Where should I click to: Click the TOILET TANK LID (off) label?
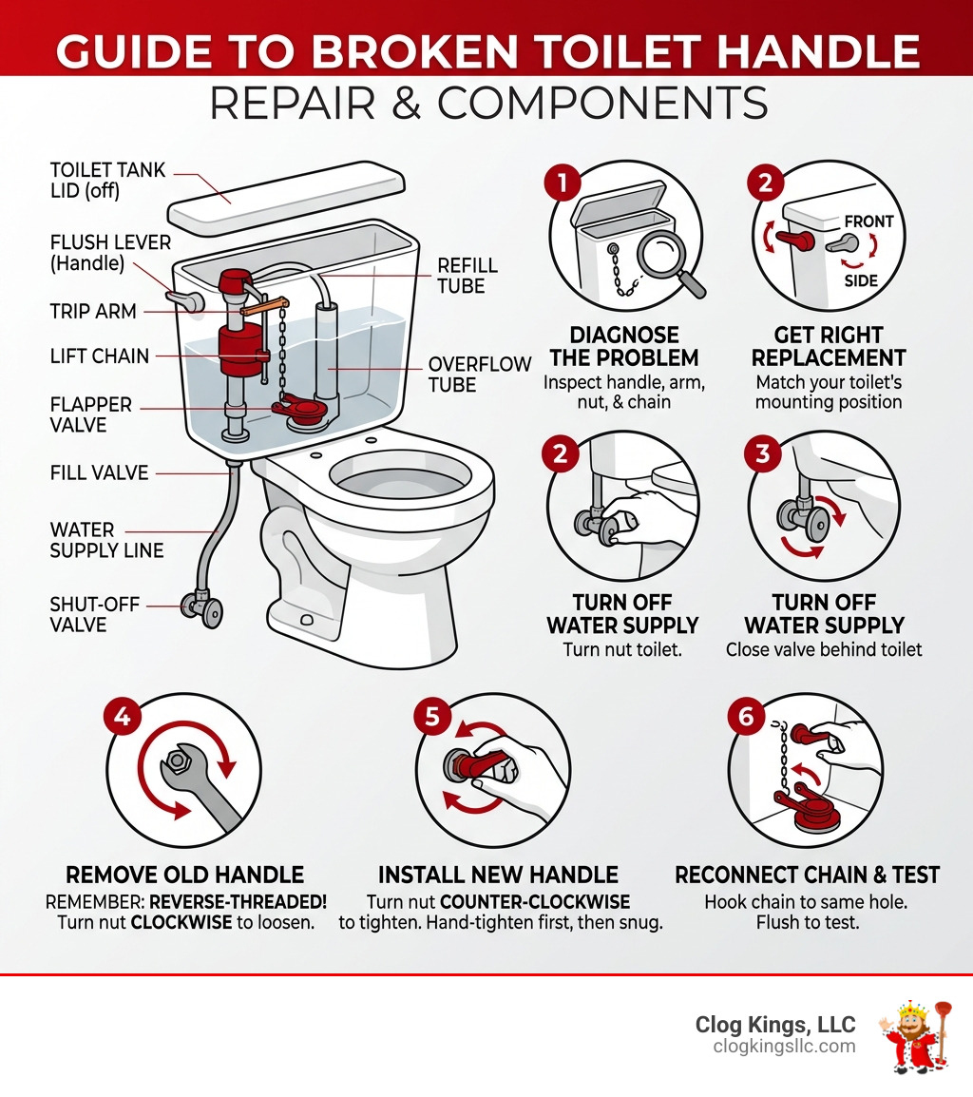107,181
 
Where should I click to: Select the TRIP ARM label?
92,311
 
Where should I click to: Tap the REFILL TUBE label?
467,276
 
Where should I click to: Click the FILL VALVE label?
99,472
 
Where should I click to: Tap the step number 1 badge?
562,182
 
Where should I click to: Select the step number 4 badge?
123,716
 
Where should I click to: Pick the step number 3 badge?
762,453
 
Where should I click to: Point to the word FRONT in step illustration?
868,221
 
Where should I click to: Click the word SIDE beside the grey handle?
861,281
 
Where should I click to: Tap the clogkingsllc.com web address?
784,1047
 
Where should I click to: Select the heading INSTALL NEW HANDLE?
498,875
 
